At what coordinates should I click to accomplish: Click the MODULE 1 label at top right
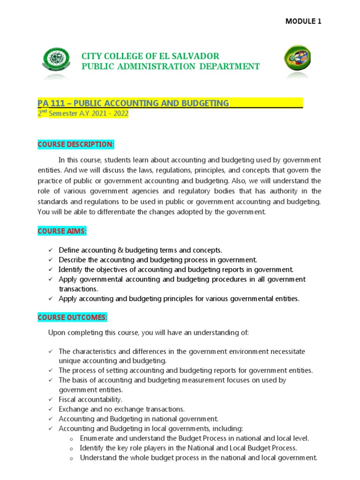[x=303, y=22]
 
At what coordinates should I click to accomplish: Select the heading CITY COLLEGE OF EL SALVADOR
[x=150, y=56]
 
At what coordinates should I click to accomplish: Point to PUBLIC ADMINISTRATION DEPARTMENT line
[x=170, y=67]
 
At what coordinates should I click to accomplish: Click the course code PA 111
[x=50, y=103]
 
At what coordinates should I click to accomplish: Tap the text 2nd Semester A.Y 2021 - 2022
[x=82, y=114]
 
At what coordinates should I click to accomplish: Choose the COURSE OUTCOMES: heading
[x=72, y=318]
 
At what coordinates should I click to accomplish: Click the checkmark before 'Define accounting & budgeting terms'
[x=50, y=251]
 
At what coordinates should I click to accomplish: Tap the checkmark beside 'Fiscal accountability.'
[x=50, y=399]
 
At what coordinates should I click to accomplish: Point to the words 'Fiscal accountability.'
[x=90, y=399]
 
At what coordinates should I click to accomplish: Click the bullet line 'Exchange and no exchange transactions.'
[x=121, y=409]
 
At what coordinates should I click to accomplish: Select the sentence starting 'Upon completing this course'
[x=148, y=333]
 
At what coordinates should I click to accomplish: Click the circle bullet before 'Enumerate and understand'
[x=71, y=439]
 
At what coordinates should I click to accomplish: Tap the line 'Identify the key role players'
[x=188, y=448]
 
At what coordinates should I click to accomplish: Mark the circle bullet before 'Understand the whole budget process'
[x=71, y=458]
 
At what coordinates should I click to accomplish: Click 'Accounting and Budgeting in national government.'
[x=138, y=419]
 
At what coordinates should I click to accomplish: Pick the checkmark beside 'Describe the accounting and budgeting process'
[x=50, y=260]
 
